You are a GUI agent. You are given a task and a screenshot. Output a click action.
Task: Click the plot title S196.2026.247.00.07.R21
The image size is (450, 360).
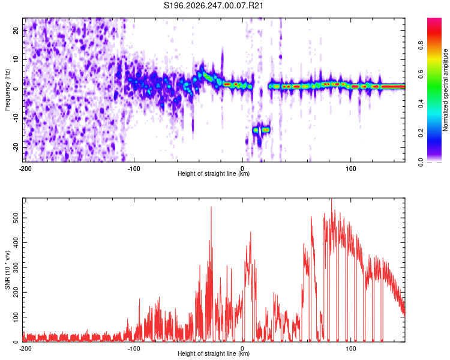pyautogui.click(x=213, y=5)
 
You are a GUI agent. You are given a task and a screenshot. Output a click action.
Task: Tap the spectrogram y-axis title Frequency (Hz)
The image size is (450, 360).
pyautogui.click(x=7, y=90)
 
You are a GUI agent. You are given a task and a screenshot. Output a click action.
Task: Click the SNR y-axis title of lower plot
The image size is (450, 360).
pyautogui.click(x=7, y=270)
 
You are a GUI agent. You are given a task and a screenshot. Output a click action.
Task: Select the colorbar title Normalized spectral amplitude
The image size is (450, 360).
pyautogui.click(x=445, y=89)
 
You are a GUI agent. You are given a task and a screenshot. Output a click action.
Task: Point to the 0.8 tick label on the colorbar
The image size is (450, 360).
pyautogui.click(x=421, y=46)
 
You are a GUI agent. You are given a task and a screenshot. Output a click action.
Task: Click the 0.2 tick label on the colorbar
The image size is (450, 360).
pyautogui.click(x=421, y=133)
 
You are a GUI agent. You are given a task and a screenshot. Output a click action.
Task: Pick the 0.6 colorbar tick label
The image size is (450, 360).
pyautogui.click(x=421, y=74)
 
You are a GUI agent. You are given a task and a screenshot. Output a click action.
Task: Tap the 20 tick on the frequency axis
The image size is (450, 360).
pyautogui.click(x=16, y=30)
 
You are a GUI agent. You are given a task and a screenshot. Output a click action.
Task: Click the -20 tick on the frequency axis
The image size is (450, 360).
pyautogui.click(x=16, y=147)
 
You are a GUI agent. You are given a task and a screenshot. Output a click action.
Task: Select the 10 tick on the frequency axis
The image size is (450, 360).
pyautogui.click(x=16, y=59)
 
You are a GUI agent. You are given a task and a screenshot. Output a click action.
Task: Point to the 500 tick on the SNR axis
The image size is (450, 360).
pyautogui.click(x=16, y=218)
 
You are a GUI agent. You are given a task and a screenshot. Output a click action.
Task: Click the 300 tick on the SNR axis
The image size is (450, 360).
pyautogui.click(x=16, y=268)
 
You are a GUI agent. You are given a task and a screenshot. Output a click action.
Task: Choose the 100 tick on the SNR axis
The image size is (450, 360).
pyautogui.click(x=16, y=317)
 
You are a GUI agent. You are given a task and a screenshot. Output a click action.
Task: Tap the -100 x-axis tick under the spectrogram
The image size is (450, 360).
pyautogui.click(x=134, y=169)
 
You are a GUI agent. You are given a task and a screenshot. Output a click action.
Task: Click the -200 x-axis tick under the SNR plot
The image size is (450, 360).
pyautogui.click(x=25, y=349)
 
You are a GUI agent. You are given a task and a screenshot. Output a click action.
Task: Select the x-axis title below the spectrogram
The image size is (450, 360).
pyautogui.click(x=214, y=173)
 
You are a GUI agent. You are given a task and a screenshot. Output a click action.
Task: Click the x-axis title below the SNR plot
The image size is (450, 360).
pyautogui.click(x=214, y=353)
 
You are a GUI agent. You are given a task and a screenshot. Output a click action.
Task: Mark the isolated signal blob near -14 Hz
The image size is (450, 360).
pyautogui.click(x=265, y=130)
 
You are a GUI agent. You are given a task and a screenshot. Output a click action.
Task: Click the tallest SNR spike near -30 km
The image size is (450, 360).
pyautogui.click(x=211, y=207)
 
